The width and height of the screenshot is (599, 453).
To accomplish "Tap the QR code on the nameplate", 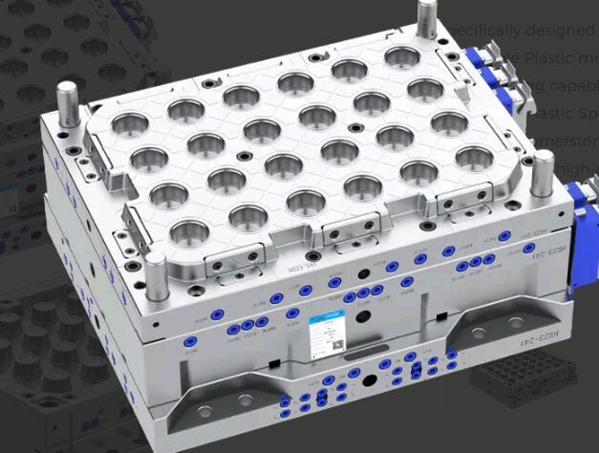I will [x=336, y=338].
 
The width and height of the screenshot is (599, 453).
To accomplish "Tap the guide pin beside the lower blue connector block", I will [x=543, y=182].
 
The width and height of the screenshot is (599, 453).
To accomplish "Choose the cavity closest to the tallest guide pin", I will [x=400, y=56].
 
